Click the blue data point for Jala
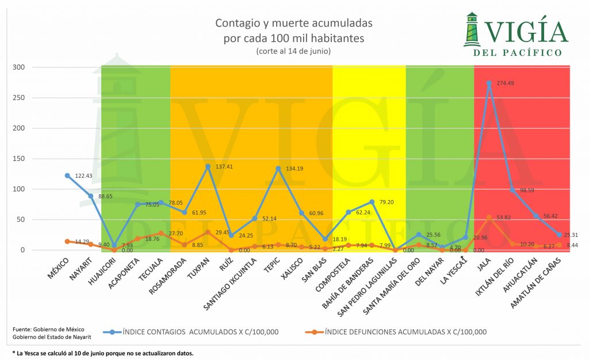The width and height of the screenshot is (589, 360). coord(489,83)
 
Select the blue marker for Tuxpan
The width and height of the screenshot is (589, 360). coord(208,166)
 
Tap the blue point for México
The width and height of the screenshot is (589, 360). coord(67,175)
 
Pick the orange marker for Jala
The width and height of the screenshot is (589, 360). coord(489,217)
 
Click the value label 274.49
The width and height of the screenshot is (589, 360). coord(506,83)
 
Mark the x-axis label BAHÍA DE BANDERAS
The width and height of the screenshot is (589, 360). coord(346,282)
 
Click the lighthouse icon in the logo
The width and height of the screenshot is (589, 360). coord(473,29)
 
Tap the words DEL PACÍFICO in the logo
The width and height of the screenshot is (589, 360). coord(516,53)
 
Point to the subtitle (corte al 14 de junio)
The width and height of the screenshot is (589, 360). coord(293,51)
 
